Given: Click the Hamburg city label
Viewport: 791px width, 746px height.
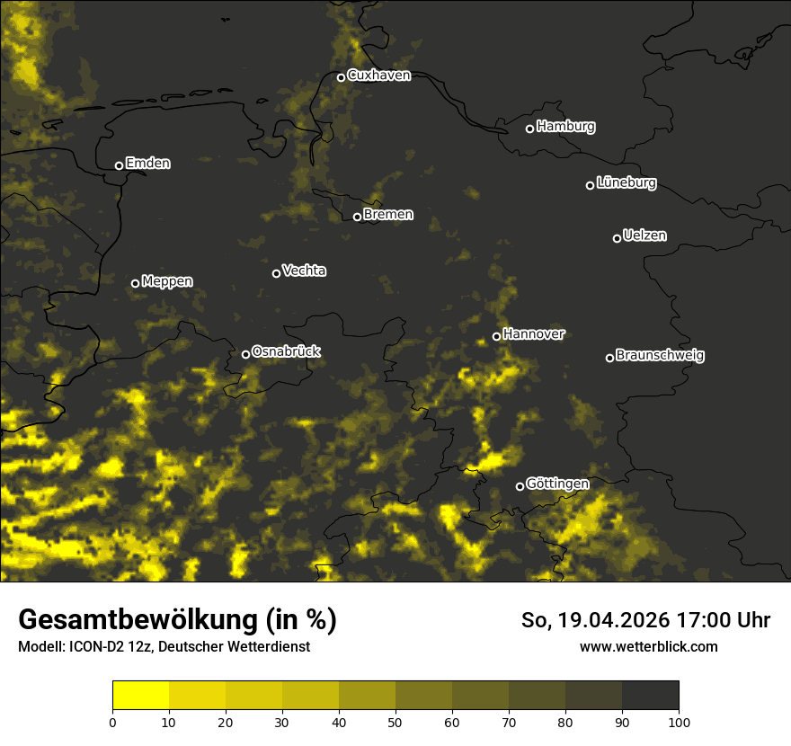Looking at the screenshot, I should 565,127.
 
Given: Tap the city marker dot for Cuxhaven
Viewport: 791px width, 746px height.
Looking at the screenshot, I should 341,77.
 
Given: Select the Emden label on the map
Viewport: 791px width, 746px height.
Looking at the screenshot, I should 147,164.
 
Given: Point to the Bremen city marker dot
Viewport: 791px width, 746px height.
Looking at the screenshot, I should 357,217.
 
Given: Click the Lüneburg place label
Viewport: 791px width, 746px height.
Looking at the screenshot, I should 626,183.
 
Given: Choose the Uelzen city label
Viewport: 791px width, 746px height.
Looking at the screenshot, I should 644,235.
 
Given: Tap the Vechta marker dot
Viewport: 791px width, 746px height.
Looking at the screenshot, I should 276,273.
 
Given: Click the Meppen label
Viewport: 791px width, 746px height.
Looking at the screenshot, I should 166,281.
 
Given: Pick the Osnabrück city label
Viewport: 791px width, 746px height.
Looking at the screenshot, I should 286,351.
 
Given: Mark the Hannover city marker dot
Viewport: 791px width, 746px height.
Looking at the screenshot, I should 496,337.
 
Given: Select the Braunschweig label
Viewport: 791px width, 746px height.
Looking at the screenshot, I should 660,355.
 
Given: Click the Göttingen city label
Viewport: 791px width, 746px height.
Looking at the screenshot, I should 557,484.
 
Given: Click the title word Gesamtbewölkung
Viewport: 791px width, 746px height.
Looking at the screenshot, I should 135,620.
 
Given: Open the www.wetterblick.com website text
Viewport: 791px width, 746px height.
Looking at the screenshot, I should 648,646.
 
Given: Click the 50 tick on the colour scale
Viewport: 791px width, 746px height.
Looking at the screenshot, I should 395,722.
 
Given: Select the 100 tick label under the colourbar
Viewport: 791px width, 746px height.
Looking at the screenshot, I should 679,722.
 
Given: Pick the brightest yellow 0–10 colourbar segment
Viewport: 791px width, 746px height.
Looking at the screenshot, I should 140,696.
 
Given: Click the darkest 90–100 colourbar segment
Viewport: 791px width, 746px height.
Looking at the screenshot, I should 650,696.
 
